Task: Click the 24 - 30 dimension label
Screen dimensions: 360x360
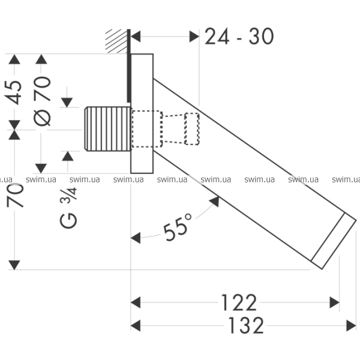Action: click(239, 36)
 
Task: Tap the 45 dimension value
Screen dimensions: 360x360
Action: click(13, 92)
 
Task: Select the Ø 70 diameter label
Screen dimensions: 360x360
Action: click(42, 101)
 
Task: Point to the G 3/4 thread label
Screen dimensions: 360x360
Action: click(68, 208)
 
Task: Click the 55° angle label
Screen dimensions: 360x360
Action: click(178, 227)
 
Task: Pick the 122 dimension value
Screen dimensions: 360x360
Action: click(239, 302)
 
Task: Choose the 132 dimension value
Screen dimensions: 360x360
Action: click(246, 325)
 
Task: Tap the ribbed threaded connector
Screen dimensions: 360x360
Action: click(107, 129)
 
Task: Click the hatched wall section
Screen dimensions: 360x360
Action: click(116, 41)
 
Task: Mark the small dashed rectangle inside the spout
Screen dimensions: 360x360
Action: click(192, 129)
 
